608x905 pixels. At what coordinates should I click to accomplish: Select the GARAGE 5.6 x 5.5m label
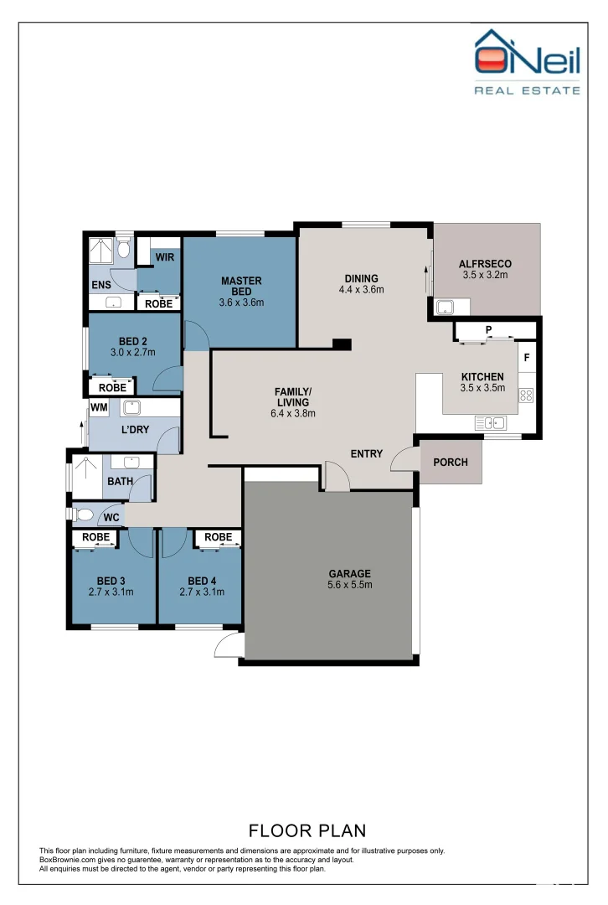(350, 579)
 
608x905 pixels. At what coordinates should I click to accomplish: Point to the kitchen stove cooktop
(526, 395)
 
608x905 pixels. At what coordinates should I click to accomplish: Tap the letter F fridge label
(527, 358)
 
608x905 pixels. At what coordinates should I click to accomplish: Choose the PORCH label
(451, 463)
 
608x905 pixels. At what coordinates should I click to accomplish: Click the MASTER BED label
(241, 286)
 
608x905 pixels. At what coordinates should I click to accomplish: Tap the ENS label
(100, 285)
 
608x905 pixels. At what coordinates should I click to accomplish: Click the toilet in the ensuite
(124, 248)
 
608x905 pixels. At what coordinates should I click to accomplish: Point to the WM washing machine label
(99, 407)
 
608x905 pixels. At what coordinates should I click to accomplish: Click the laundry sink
(131, 408)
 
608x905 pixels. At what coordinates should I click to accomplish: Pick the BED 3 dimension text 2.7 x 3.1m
(110, 592)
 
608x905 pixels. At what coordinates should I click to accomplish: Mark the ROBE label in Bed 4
(218, 537)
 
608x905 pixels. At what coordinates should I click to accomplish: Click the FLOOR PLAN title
(307, 830)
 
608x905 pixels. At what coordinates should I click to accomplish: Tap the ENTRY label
(366, 454)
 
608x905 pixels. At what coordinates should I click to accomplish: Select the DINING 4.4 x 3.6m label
(362, 284)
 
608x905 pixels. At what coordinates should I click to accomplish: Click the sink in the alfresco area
(443, 306)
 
